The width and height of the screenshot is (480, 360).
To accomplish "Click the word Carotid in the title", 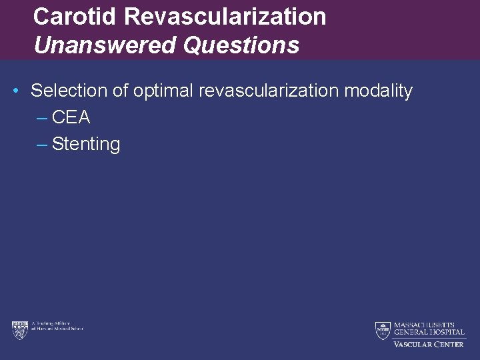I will [76, 17].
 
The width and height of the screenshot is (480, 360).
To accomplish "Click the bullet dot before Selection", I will [15, 91].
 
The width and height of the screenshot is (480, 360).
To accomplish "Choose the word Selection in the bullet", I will [69, 91].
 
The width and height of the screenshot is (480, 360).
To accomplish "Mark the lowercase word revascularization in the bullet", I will [269, 91].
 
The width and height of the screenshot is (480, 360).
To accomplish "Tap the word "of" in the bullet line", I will [121, 91].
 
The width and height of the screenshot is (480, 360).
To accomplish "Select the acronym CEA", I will [71, 117].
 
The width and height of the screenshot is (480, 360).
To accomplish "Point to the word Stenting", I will [86, 144].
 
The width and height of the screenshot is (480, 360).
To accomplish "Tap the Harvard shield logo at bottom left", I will [19, 329].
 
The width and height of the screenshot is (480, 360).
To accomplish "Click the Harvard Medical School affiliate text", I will [57, 327].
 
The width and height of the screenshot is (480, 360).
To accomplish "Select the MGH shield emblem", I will [382, 329].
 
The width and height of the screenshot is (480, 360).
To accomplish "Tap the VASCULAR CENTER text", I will [428, 344].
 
